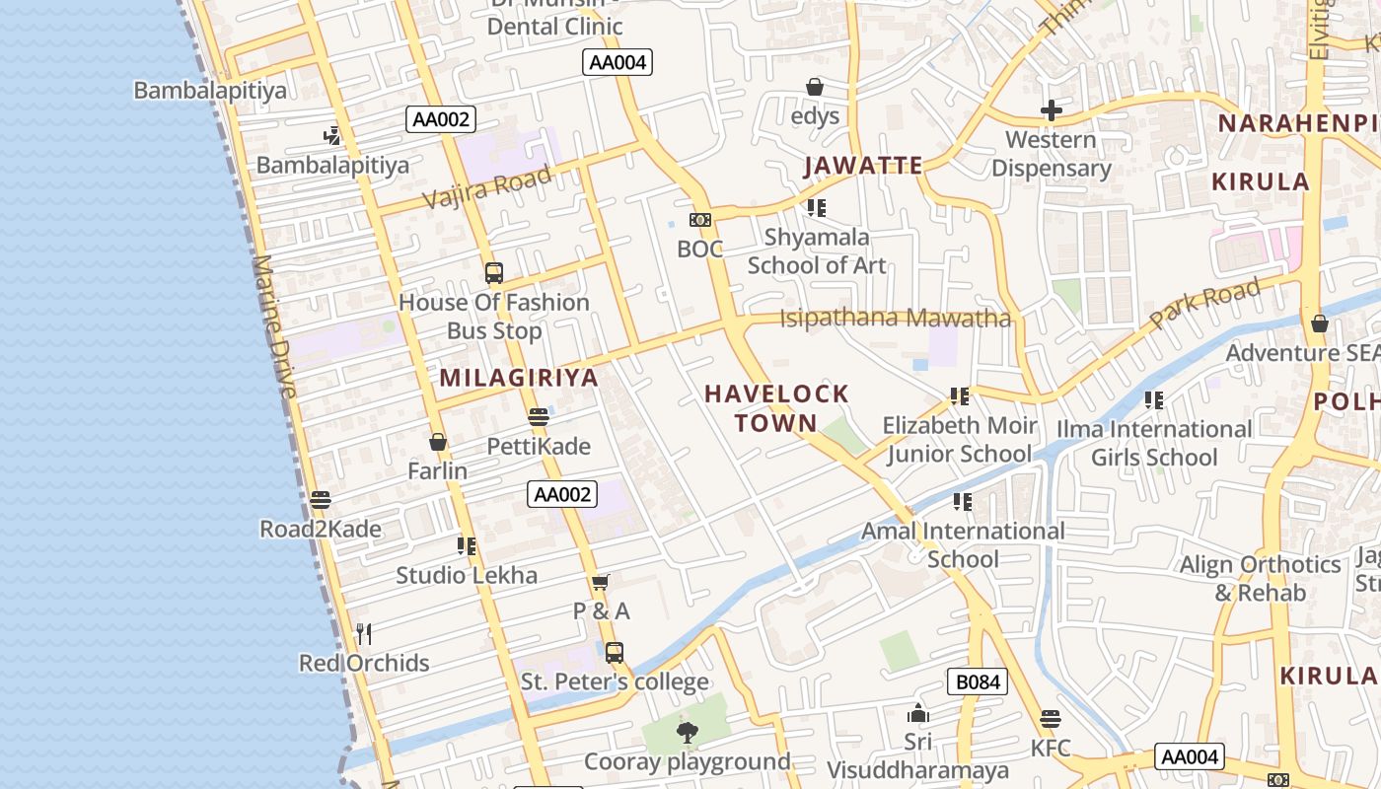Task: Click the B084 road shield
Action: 978,681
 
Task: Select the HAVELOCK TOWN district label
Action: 776,408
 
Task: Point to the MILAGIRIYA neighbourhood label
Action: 519,378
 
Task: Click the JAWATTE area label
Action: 863,166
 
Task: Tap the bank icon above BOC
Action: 700,220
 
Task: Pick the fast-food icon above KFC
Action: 1051,719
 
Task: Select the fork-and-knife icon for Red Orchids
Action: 364,633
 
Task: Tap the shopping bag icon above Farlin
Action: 438,442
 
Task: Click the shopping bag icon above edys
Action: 815,87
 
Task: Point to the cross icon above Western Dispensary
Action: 1052,109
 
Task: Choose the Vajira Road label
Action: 487,186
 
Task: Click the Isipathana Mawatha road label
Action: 896,319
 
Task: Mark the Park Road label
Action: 1205,305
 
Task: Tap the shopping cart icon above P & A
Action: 601,582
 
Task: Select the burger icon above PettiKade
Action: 539,417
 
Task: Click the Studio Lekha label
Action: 467,575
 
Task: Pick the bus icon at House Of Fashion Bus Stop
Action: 494,273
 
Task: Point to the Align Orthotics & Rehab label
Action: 1261,579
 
